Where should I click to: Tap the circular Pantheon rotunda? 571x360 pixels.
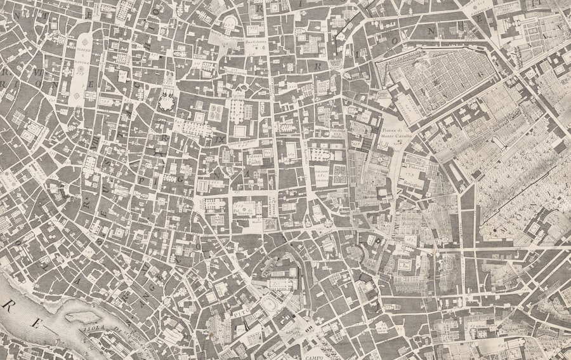167,102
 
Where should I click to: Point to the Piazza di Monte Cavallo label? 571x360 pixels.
397,133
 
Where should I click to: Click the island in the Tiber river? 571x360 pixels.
82,316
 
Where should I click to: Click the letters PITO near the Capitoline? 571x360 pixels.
239,312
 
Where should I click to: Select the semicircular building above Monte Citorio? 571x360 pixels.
228,25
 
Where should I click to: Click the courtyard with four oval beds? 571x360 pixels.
216,113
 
